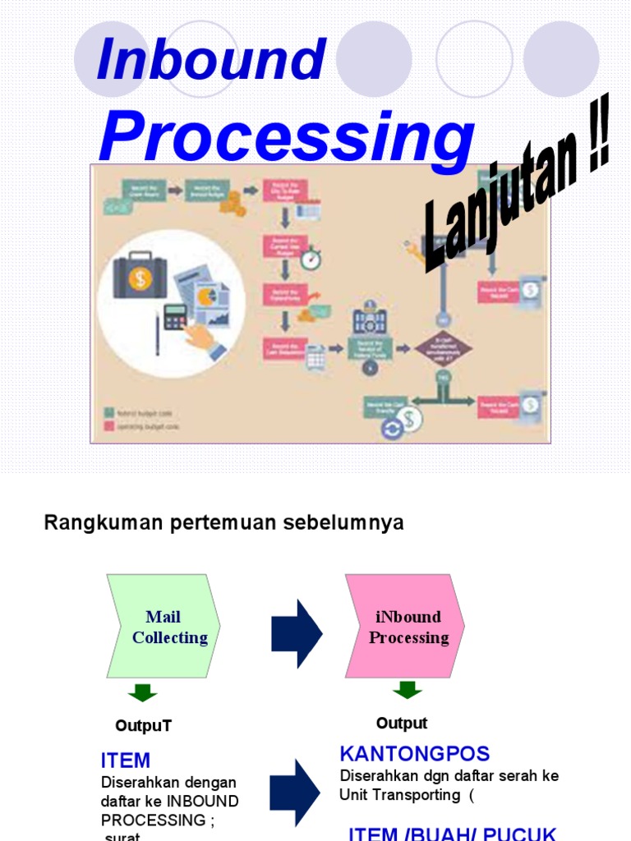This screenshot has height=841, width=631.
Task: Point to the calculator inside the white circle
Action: [x=174, y=316]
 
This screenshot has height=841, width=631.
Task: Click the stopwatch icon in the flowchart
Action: [x=311, y=260]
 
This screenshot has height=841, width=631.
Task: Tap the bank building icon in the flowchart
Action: [x=369, y=320]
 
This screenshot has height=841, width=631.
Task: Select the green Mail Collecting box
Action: [x=164, y=627]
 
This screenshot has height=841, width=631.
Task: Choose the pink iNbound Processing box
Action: [x=405, y=627]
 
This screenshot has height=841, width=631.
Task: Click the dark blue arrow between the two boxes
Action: [x=297, y=633]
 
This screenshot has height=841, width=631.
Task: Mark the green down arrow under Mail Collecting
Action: [x=143, y=692]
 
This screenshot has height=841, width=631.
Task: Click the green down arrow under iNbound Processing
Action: [x=407, y=689]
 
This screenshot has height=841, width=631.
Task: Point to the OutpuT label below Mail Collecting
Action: [x=143, y=726]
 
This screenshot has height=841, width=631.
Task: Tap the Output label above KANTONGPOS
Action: [x=402, y=724]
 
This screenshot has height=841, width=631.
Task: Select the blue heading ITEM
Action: [x=125, y=761]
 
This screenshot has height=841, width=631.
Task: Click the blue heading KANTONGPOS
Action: [x=414, y=754]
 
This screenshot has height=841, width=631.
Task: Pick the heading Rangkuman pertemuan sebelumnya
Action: [x=223, y=523]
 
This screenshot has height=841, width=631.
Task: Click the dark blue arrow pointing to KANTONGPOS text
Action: [x=296, y=792]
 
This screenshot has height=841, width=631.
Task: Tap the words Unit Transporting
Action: [x=400, y=795]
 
